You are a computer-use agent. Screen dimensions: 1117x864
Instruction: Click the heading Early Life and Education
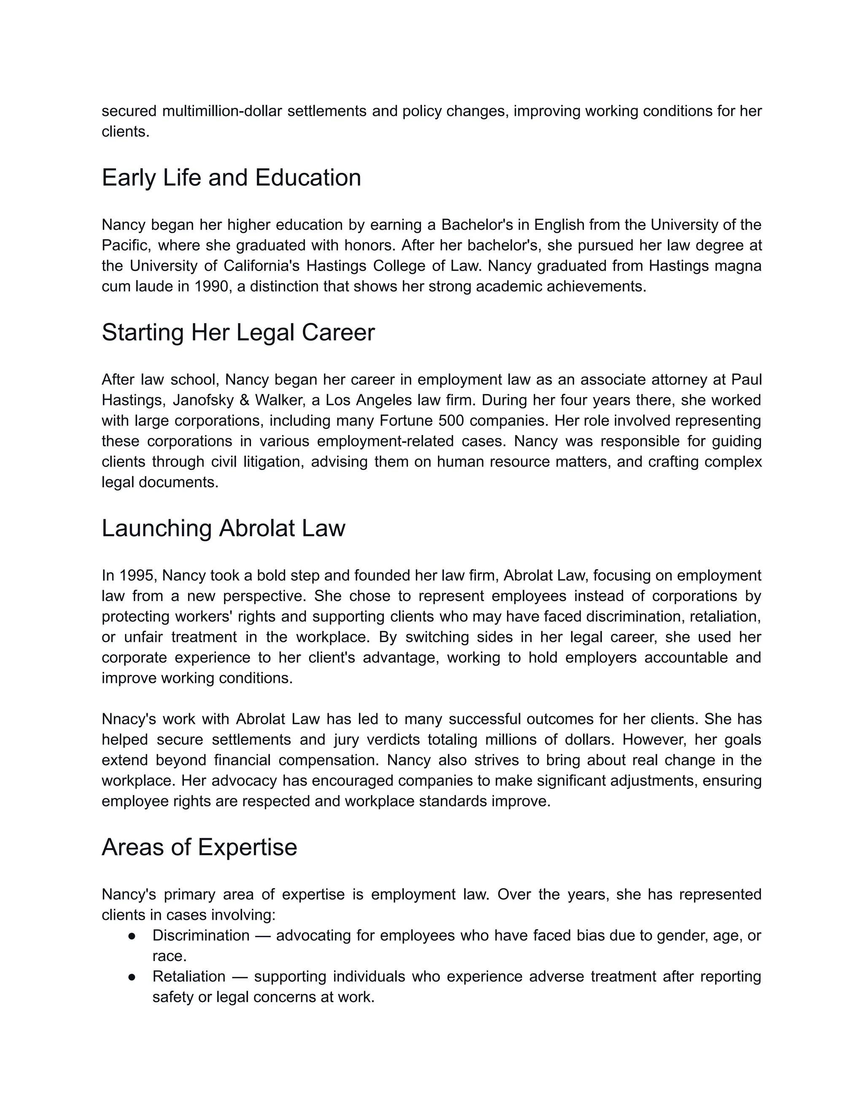(x=231, y=178)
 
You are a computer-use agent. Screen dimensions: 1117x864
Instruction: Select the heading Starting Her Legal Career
(x=238, y=333)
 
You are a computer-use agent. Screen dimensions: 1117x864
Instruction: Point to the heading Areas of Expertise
(x=199, y=847)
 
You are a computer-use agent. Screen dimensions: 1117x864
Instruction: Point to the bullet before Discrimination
(x=132, y=935)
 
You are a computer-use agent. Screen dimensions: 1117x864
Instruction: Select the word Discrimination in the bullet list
(x=201, y=935)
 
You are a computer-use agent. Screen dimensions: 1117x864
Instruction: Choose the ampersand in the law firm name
(x=244, y=400)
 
